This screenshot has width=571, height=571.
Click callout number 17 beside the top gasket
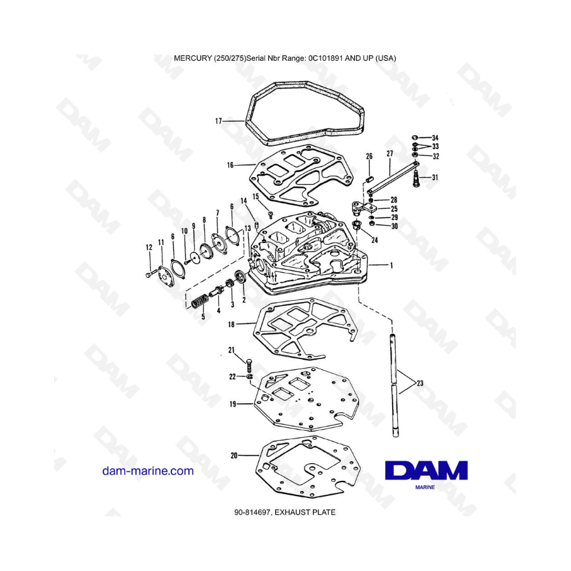(x=218, y=121)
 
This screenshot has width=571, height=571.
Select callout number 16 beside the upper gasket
(x=230, y=166)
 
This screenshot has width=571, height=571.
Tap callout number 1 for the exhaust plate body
(x=391, y=265)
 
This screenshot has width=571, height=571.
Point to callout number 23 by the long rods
(x=420, y=383)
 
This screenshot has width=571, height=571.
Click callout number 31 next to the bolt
(x=435, y=178)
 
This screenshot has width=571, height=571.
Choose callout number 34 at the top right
(x=435, y=138)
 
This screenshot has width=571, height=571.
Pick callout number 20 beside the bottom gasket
(x=234, y=456)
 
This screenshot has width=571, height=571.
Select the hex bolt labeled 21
(x=249, y=365)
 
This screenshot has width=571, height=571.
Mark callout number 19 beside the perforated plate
(x=233, y=404)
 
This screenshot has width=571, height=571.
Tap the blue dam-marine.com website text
(x=148, y=471)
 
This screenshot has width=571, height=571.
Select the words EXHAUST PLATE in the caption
(x=305, y=513)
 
